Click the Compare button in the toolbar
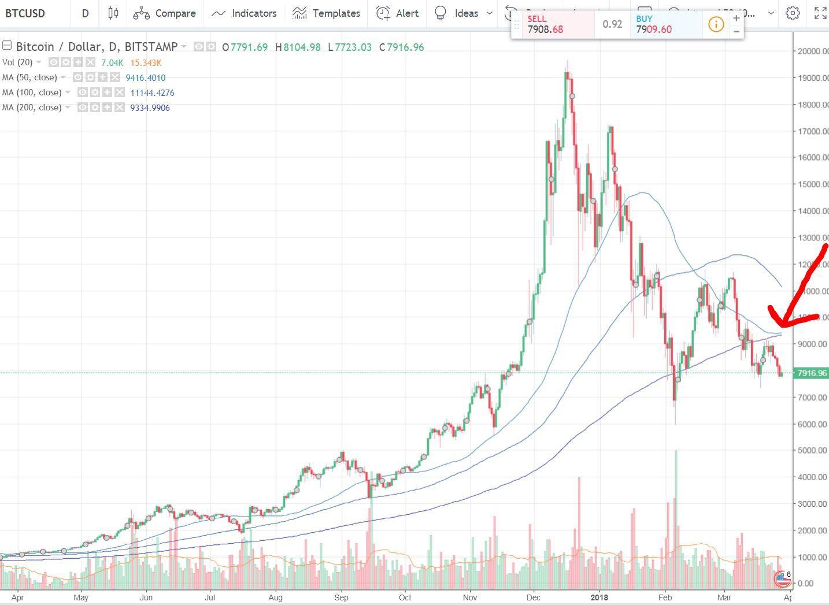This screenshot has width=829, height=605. tap(165, 13)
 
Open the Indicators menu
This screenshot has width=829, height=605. tap(243, 13)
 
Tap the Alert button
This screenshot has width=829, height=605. tap(397, 13)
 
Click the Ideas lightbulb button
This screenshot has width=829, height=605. tap(457, 13)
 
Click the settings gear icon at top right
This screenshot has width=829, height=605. tap(793, 13)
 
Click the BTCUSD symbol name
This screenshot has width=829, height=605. tap(25, 13)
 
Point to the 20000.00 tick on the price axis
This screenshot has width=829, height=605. tap(811, 51)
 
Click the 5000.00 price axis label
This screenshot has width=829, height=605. tap(811, 450)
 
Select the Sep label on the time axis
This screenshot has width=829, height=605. tap(342, 597)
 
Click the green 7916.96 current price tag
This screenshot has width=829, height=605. tap(811, 373)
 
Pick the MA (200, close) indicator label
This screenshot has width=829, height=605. tap(32, 107)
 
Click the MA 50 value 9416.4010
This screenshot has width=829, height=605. tap(146, 77)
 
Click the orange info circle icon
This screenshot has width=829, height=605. tap(716, 24)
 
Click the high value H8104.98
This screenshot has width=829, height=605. tap(298, 47)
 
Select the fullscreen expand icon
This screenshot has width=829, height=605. tap(820, 13)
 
